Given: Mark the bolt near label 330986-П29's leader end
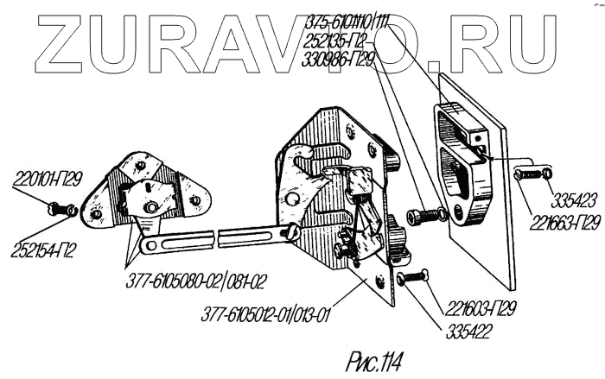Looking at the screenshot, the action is coord(427,212).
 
